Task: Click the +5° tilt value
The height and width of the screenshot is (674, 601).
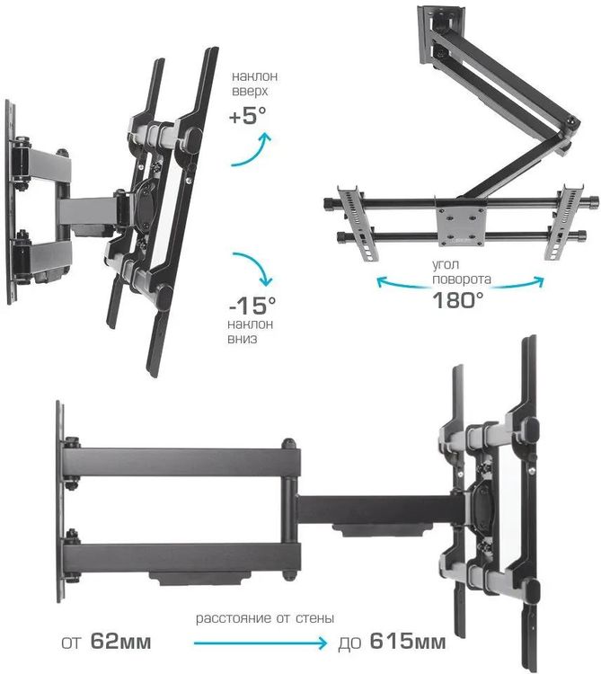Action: (248, 116)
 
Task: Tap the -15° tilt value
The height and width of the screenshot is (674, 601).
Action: (252, 306)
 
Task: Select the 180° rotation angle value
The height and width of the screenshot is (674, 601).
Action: (457, 300)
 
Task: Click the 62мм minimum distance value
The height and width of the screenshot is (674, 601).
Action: (120, 642)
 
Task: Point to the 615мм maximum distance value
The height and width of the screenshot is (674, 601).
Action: (408, 642)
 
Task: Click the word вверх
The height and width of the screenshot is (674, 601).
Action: (250, 92)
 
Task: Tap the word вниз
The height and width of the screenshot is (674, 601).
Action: (243, 339)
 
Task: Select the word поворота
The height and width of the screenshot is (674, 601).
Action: (462, 279)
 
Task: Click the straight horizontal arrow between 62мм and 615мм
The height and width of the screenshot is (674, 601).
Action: (260, 643)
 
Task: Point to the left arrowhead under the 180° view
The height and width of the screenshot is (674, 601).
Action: (382, 281)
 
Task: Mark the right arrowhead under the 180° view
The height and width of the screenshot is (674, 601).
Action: (539, 281)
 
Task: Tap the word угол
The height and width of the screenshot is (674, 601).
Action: (446, 265)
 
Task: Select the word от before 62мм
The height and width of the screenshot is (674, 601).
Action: (71, 643)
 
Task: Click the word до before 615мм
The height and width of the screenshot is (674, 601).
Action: (349, 643)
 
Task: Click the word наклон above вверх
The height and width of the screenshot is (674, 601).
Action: (255, 76)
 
